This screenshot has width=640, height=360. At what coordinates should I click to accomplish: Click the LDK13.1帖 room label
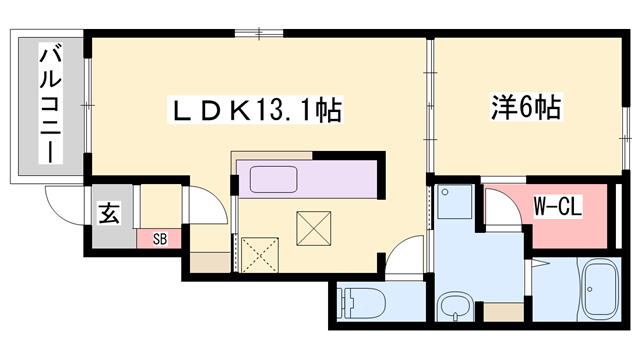point(255,110)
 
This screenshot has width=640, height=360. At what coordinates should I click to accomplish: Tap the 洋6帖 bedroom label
point(526,107)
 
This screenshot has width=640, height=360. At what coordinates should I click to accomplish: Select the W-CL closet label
point(558,206)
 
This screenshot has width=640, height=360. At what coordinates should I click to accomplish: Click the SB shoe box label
point(160,239)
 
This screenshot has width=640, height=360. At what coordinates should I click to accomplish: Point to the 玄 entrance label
point(109,213)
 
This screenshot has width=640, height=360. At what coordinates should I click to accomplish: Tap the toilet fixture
point(362,303)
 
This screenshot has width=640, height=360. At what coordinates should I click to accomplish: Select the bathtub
point(600,289)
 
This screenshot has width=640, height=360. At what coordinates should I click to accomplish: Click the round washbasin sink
point(455,306)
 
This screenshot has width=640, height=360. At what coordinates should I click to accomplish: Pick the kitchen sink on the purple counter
point(273,179)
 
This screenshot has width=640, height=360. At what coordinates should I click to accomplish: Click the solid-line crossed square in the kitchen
point(313,229)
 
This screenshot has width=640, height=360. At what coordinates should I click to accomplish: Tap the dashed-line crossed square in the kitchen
point(260,255)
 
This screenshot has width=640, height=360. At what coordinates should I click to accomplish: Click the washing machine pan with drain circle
point(454,202)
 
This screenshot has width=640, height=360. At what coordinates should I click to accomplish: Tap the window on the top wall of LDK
point(259,33)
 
